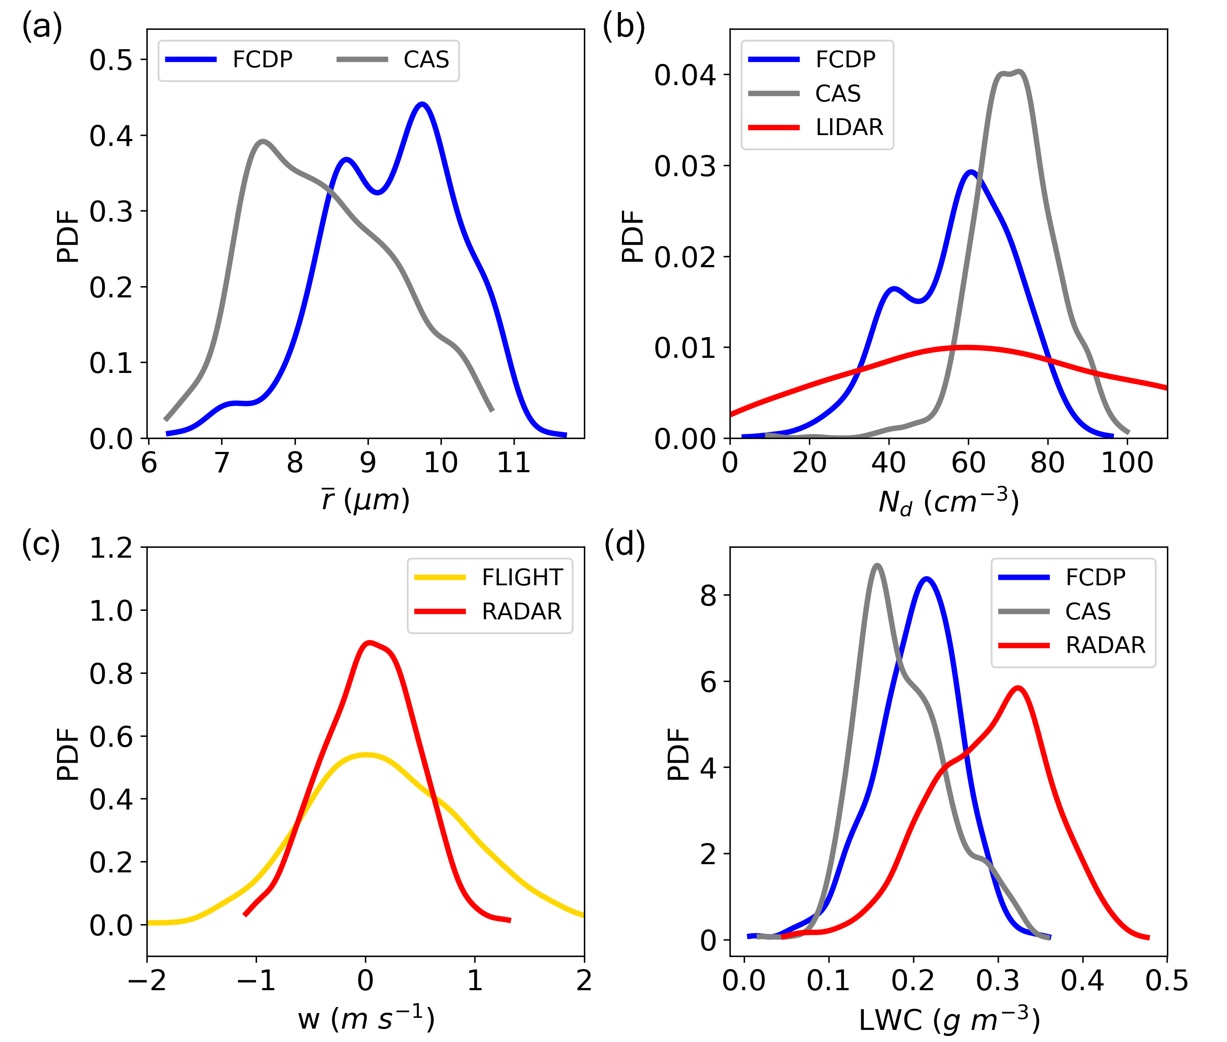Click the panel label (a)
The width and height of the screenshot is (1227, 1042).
[42, 27]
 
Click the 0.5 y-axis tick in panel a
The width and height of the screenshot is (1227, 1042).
[111, 60]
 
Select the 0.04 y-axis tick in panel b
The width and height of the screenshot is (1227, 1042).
[685, 75]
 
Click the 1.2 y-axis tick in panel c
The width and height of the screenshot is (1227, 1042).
[111, 548]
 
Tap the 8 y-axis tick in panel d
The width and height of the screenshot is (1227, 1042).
[708, 595]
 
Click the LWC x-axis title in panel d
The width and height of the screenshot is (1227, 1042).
[948, 1020]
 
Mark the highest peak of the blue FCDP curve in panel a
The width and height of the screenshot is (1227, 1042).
[422, 104]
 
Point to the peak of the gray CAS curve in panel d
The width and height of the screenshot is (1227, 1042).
[877, 566]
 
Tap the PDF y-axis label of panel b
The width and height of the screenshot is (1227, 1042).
[632, 236]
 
